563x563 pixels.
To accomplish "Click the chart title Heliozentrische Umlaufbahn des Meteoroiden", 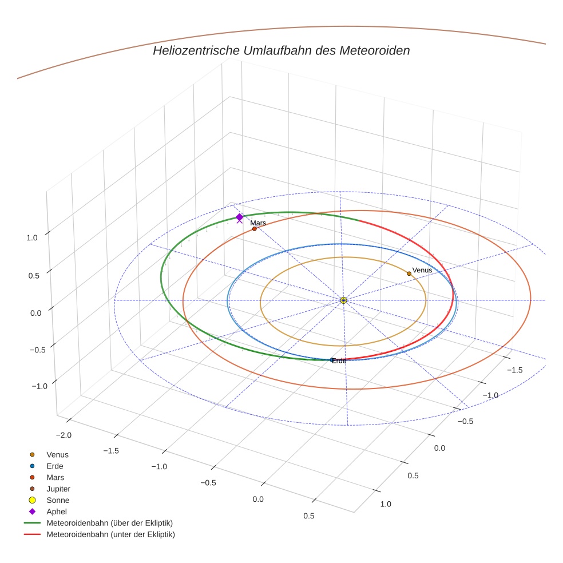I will pyautogui.click(x=281, y=50).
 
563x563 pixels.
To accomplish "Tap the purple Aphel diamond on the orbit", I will pyautogui.click(x=239, y=217).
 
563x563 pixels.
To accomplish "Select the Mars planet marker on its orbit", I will pyautogui.click(x=255, y=229).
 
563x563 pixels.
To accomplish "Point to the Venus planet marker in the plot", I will pyautogui.click(x=409, y=273).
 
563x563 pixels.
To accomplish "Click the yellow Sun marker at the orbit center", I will pyautogui.click(x=343, y=300).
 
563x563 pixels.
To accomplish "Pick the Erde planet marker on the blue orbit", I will pyautogui.click(x=332, y=360).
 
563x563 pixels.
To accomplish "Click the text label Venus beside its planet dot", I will pyautogui.click(x=422, y=270).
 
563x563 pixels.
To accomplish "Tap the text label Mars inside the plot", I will pyautogui.click(x=258, y=223).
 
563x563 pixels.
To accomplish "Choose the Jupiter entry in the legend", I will pyautogui.click(x=58, y=489).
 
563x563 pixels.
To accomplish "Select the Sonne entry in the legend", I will pyautogui.click(x=58, y=500).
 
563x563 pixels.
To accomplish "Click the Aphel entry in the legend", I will pyautogui.click(x=57, y=512).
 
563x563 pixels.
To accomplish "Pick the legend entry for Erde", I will pyautogui.click(x=55, y=466).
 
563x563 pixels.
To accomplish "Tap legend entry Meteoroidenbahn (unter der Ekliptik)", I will pyautogui.click(x=110, y=534).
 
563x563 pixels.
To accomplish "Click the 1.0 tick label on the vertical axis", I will pyautogui.click(x=33, y=238).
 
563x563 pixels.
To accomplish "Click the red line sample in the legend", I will pyautogui.click(x=32, y=534).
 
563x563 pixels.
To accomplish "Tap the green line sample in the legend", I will pyautogui.click(x=32, y=523).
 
